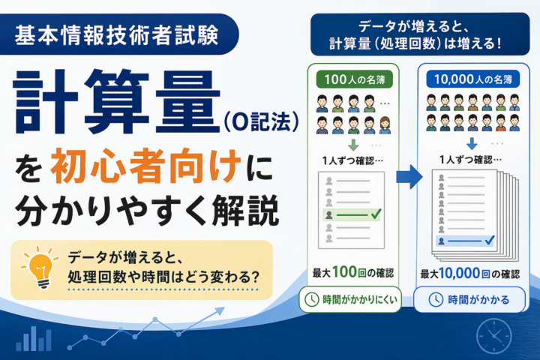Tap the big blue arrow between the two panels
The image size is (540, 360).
click(409, 177)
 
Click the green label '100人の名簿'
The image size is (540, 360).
click(354, 79)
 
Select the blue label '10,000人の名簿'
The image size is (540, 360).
click(472, 79)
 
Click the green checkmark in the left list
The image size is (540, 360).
click(376, 214)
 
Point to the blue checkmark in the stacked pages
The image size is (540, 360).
click(489, 240)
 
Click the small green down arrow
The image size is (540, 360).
click(353, 145)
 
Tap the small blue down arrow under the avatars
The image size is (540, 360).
click(472, 144)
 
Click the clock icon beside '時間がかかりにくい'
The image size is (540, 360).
click(312, 299)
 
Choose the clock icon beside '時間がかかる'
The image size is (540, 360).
click(436, 300)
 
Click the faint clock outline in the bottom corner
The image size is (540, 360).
click(493, 335)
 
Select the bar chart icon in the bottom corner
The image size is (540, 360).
click(34, 339)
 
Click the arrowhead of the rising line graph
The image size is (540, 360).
click(219, 311)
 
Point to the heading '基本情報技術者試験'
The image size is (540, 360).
click(116, 35)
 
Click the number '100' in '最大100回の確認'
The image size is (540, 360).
click(344, 272)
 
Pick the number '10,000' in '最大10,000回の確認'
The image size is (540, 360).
click(460, 273)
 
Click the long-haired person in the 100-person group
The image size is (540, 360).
click(385, 125)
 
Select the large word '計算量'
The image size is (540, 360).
click(116, 102)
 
